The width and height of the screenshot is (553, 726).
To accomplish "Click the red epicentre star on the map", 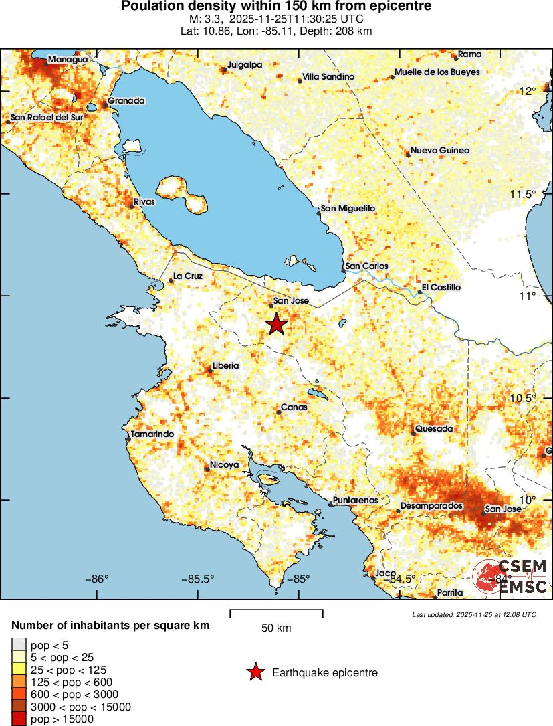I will point(276,325).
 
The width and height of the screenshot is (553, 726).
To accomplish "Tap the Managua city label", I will point(68,60).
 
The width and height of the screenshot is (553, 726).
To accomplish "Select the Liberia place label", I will point(225,366).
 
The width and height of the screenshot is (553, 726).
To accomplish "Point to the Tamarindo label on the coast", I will point(152,434).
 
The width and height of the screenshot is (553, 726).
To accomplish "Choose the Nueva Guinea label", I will point(440,151).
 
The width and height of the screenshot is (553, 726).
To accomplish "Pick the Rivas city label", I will point(144,201).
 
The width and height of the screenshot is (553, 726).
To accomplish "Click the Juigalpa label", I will point(245,65).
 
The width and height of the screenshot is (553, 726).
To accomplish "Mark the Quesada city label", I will point(434,428).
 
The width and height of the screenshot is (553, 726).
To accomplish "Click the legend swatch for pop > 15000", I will point(19,719).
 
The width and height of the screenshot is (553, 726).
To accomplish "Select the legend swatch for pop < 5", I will point(19,645).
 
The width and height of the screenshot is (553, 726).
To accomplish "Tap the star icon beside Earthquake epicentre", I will point(255,672).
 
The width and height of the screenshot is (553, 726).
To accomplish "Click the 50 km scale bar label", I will point(276,628).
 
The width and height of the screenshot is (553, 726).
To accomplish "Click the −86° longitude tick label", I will point(98,579).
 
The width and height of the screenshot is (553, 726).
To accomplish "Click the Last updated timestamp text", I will point(474,614).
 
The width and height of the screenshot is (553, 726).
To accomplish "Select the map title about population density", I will point(276,7).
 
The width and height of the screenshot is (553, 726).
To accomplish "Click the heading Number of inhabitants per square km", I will point(111,626).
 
